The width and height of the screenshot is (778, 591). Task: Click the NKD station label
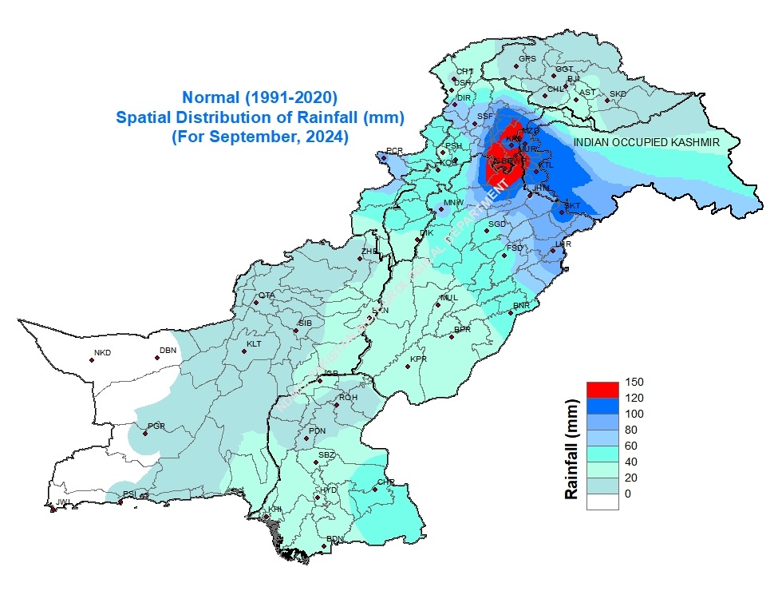pyautogui.click(x=102, y=353)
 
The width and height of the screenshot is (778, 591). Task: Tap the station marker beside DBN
pyautogui.click(x=157, y=358)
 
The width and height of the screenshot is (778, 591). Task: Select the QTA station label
pyautogui.click(x=266, y=295)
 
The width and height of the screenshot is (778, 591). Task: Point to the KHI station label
pyautogui.click(x=274, y=509)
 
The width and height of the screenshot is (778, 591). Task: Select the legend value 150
pyautogui.click(x=634, y=381)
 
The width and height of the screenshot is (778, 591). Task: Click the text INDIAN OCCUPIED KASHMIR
pyautogui.click(x=647, y=141)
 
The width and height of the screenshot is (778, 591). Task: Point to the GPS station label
pyautogui.click(x=527, y=59)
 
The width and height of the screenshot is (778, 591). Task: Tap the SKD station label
pyautogui.click(x=618, y=94)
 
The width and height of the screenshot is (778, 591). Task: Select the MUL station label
pyautogui.click(x=449, y=297)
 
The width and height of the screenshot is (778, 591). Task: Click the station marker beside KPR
pyautogui.click(x=408, y=366)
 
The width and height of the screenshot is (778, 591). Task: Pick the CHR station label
pyautogui.click(x=386, y=482)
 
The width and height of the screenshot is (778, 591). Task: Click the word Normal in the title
pyautogui.click(x=211, y=98)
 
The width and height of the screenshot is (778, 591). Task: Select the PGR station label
pyautogui.click(x=156, y=426)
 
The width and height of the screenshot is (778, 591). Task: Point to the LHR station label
pyautogui.click(x=564, y=244)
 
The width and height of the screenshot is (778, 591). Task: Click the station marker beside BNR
pyautogui.click(x=511, y=312)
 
